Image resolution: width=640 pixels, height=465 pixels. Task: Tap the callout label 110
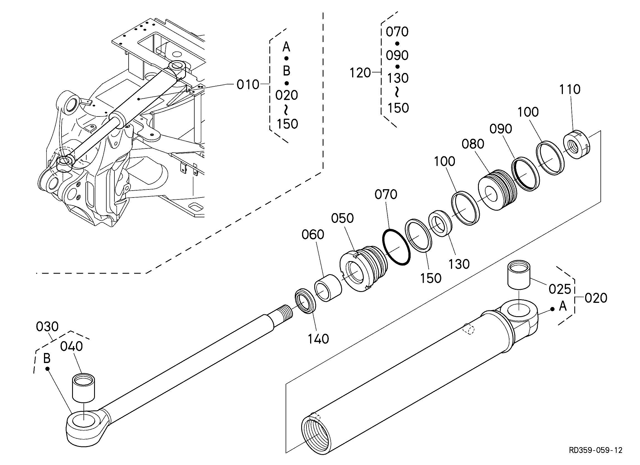570,89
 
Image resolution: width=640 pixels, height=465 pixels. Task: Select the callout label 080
473,144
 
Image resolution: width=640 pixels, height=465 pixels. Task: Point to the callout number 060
313,235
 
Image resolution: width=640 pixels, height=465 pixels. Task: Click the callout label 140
318,339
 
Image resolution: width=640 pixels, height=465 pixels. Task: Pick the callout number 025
560,289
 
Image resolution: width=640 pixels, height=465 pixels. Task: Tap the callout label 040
71,346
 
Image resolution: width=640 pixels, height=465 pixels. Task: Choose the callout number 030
47,327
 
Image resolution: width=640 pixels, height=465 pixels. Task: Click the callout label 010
248,84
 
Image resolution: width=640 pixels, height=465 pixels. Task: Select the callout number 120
360,73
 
